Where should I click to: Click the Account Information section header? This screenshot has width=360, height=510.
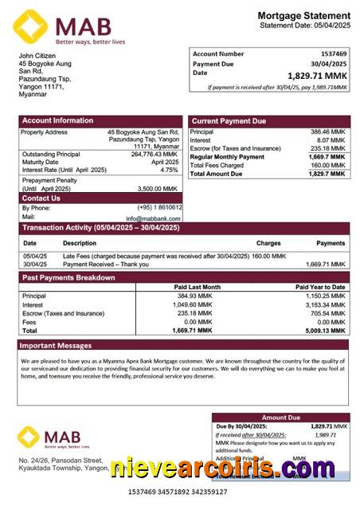(x=57, y=120)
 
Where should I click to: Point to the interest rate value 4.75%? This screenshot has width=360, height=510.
(x=169, y=170)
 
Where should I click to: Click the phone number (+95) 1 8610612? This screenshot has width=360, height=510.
(x=159, y=207)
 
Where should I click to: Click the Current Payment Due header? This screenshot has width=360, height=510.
(x=229, y=120)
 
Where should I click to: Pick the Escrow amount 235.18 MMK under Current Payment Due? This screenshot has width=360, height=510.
(x=327, y=148)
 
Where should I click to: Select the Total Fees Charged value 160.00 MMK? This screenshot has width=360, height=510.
(x=327, y=165)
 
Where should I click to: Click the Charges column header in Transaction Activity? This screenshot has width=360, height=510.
(x=268, y=243)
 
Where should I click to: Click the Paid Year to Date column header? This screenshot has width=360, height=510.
(x=320, y=287)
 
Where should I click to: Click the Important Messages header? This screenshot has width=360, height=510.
(x=55, y=346)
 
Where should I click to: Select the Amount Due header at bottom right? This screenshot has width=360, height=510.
(x=280, y=418)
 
